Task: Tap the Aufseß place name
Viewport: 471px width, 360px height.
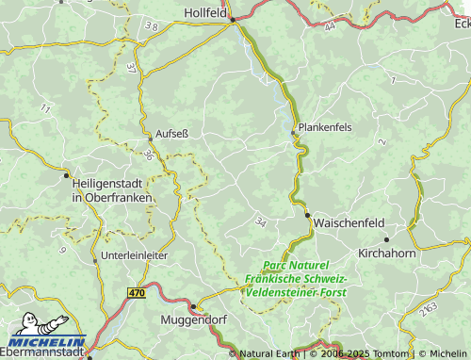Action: click(x=171, y=134)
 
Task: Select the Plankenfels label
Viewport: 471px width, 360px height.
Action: click(x=326, y=126)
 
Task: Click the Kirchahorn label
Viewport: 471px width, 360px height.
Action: click(x=387, y=254)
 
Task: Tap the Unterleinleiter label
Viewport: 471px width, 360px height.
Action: click(x=135, y=255)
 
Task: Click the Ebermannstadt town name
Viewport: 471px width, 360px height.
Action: click(x=42, y=353)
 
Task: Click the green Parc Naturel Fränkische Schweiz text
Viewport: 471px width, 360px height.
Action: click(x=296, y=279)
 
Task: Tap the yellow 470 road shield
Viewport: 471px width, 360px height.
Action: click(x=137, y=293)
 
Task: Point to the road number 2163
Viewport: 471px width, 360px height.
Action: click(x=429, y=309)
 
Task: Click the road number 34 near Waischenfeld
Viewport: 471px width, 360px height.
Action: click(x=260, y=221)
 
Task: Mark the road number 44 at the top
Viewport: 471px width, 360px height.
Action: click(x=329, y=27)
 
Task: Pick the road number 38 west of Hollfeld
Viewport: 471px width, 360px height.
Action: click(x=152, y=28)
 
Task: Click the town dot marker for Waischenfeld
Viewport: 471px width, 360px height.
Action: click(x=308, y=215)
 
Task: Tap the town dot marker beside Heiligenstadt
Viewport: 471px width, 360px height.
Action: click(x=66, y=174)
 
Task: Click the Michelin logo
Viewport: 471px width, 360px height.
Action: click(x=44, y=333)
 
